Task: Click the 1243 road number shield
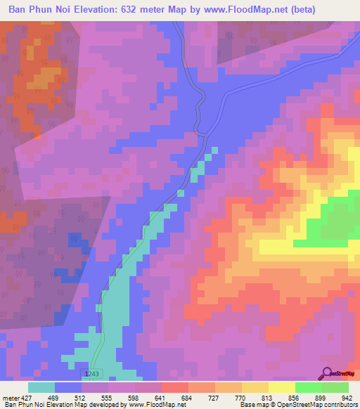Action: point(89,374)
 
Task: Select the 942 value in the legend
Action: point(346,397)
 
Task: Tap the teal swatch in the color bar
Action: point(41,387)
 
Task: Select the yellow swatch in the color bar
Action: point(282,387)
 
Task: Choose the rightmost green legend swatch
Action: point(335,387)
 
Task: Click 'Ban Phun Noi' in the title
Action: point(37,10)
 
